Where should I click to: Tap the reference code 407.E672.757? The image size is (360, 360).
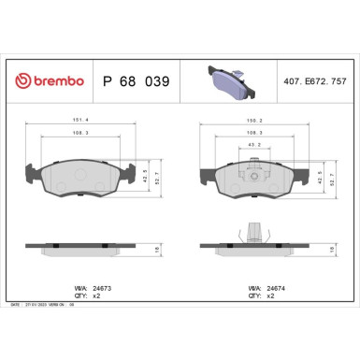[x=319, y=82]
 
